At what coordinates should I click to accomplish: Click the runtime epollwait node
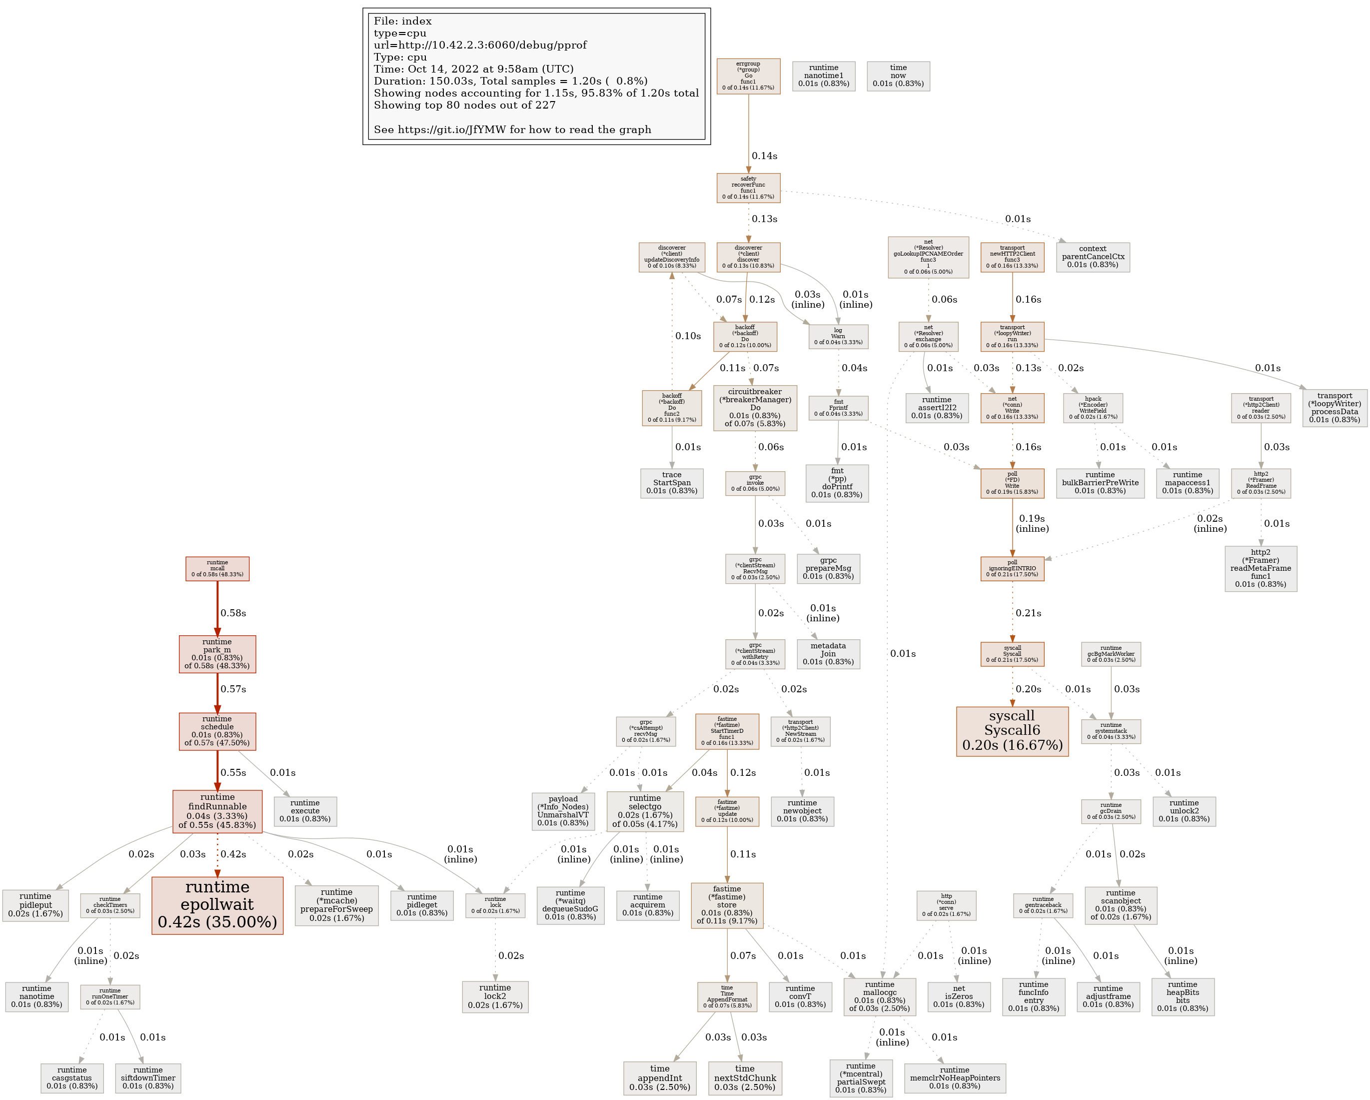[217, 905]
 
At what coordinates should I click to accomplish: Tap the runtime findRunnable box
[217, 811]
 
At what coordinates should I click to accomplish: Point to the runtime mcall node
[217, 568]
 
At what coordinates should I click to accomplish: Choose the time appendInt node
[660, 1078]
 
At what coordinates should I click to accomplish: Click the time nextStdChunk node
[745, 1078]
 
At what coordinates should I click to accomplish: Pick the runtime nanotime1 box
[824, 76]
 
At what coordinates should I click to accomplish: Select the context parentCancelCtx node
[1092, 257]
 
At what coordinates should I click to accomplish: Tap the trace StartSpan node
[672, 483]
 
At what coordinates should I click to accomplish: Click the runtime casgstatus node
[72, 1078]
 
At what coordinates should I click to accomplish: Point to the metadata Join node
[828, 654]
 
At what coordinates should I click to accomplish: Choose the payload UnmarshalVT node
[563, 811]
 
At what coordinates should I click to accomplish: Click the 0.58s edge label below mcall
[233, 613]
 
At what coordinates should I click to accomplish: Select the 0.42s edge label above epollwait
[233, 854]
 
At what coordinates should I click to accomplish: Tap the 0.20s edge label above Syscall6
[1028, 689]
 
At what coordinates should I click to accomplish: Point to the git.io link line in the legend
[512, 130]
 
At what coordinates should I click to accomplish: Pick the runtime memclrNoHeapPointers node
[955, 1078]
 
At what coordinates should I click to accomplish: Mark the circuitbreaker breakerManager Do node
[755, 408]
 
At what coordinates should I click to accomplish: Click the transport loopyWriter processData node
[1335, 408]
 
